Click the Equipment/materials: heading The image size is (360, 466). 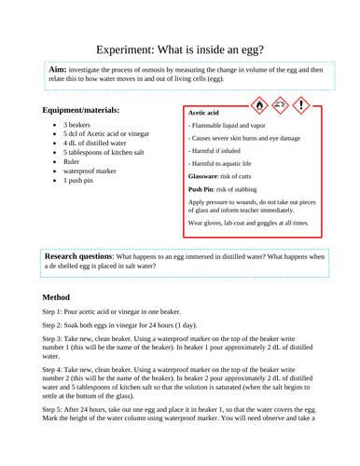pyautogui.click(x=87, y=111)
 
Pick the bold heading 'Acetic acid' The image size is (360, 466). pyautogui.click(x=209, y=112)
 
